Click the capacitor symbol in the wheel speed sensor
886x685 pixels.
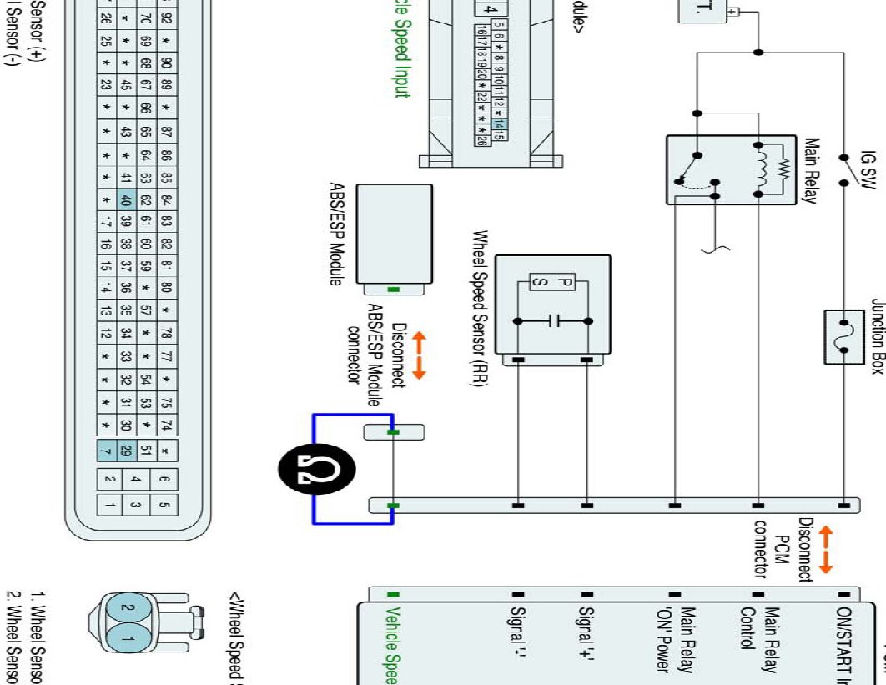coord(553,320)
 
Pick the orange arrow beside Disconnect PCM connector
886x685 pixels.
coord(826,548)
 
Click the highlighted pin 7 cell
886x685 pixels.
coord(108,451)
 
